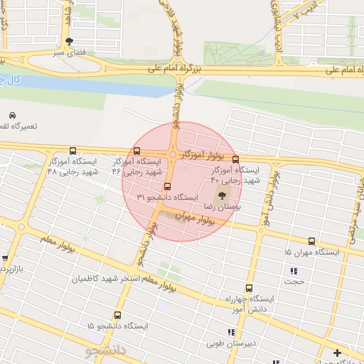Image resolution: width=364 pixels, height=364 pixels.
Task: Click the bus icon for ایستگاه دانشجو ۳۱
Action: [167, 187]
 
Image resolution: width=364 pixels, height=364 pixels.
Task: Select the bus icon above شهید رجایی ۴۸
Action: [73, 151]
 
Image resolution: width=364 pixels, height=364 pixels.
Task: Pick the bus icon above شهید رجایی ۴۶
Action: [136, 151]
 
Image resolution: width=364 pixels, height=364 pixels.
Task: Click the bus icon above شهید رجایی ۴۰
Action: [235, 159]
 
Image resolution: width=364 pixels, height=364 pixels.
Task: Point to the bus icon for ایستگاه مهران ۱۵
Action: [311, 242]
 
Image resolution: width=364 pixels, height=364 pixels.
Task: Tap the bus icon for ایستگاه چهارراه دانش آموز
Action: [248, 288]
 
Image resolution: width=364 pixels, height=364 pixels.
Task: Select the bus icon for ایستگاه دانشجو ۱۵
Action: [117, 315]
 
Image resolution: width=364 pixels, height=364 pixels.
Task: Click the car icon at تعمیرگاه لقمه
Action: [12, 115]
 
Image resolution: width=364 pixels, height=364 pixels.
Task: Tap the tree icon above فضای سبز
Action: [68, 41]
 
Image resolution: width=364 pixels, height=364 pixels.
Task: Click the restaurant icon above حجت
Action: [294, 270]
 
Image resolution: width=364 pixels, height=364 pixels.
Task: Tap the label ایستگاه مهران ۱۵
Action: [312, 252]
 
